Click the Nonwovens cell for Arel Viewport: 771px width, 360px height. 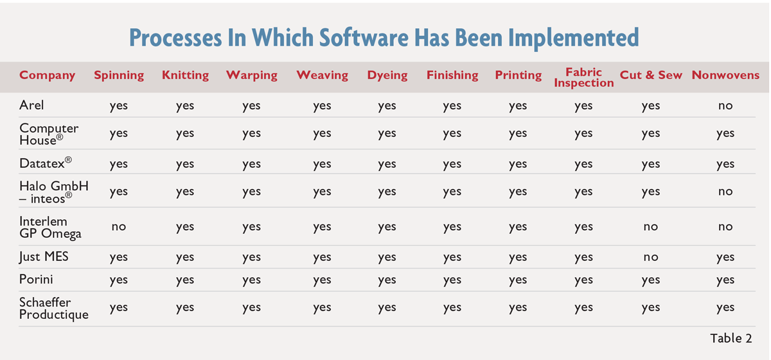(x=725, y=106)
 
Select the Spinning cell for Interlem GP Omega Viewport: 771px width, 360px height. (x=119, y=227)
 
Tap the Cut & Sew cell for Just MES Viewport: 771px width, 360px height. (x=650, y=257)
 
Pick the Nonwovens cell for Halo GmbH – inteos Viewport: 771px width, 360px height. (x=725, y=192)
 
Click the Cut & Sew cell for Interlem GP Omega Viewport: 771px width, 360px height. (x=650, y=227)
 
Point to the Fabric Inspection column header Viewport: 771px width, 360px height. (x=584, y=78)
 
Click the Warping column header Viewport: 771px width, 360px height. (x=252, y=75)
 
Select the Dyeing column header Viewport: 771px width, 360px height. (x=387, y=75)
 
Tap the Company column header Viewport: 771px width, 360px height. (x=47, y=75)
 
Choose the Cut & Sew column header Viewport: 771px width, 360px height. (x=651, y=75)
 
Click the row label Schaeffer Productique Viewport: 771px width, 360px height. (x=54, y=309)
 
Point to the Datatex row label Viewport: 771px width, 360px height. (x=46, y=163)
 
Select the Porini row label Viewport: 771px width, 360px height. (x=36, y=280)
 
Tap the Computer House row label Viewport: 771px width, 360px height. (x=49, y=134)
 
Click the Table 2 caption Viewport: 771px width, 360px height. (x=731, y=338)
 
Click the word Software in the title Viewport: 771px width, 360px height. (x=364, y=37)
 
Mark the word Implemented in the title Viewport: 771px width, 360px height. (x=573, y=38)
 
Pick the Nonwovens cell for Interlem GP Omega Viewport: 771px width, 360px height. (x=725, y=227)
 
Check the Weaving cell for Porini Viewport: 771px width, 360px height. (x=322, y=280)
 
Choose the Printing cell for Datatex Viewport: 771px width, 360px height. (x=518, y=165)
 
